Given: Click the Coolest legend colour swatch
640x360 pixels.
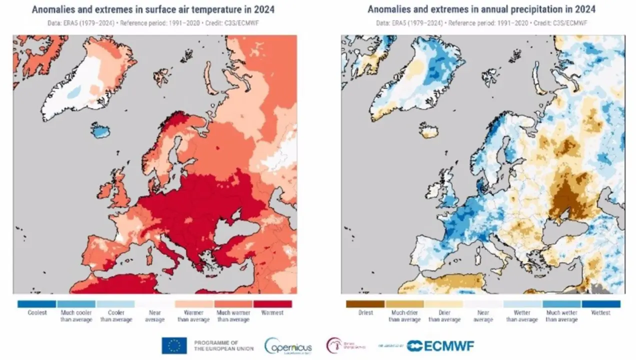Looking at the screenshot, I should point(36,303).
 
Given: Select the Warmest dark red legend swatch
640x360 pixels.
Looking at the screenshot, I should point(272,303).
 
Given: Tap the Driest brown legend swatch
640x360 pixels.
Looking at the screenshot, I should point(365,303).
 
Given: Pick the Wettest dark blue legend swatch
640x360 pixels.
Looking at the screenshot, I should point(600,303).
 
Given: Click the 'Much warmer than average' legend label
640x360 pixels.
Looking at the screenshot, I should point(233,316).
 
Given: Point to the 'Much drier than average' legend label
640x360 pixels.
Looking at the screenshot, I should point(404,316).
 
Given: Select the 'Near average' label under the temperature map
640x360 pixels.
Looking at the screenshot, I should point(154,316).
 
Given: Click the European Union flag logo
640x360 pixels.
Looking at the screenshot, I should point(174,345).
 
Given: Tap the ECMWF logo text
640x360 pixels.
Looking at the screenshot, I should point(440,345).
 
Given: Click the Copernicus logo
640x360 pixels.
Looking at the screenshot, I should point(288,346).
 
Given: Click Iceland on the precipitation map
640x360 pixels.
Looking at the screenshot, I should point(429,131).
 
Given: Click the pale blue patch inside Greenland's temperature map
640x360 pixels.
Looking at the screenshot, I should point(73,92).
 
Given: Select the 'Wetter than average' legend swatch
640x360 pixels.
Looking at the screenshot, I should point(522,303).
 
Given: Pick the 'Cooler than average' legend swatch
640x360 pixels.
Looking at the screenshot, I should point(115,303).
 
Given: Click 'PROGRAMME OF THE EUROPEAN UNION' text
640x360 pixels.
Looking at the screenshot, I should point(223,345).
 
